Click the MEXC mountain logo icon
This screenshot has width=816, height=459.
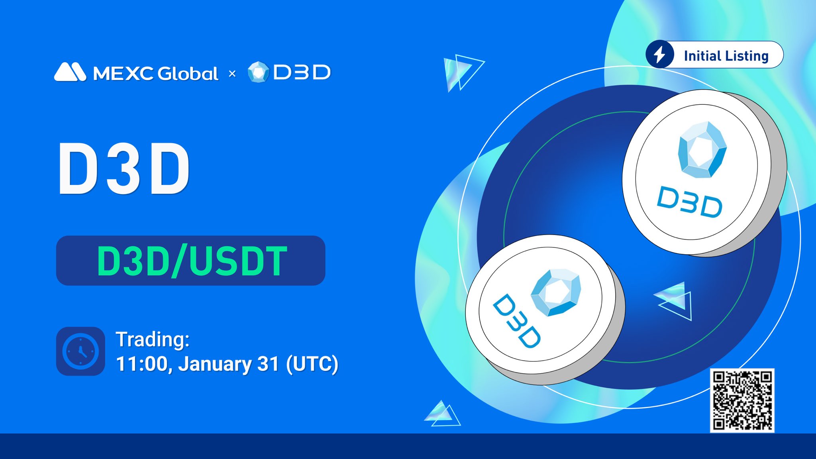[70, 72]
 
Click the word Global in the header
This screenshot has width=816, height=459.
[188, 73]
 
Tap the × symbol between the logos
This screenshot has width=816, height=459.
[232, 73]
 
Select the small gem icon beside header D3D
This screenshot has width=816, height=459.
[259, 72]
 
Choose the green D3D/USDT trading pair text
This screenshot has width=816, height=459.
[192, 261]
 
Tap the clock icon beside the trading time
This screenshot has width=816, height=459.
[80, 351]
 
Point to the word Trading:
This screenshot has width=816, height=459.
[153, 339]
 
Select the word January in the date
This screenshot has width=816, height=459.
[214, 364]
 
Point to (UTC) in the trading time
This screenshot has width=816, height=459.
[312, 364]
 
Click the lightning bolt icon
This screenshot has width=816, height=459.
[660, 54]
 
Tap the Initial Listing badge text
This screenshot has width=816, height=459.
[726, 56]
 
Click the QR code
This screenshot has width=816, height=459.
[742, 400]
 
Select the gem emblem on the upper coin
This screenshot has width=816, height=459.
[702, 150]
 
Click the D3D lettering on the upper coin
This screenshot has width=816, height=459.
[689, 202]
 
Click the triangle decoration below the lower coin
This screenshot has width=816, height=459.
[442, 413]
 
